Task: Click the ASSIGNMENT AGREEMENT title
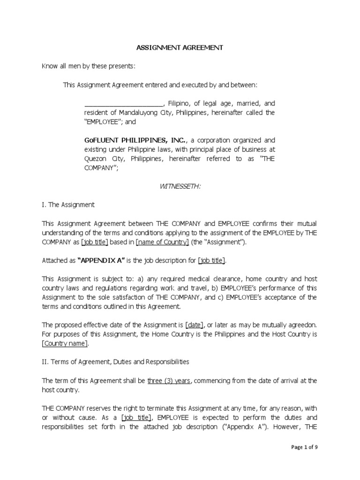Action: [x=180, y=48]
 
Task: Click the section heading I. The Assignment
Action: [x=68, y=205]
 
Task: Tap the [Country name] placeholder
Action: [x=65, y=343]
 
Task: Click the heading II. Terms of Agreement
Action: [x=109, y=361]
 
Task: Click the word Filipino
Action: [x=179, y=103]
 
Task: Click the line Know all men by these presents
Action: [x=89, y=66]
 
